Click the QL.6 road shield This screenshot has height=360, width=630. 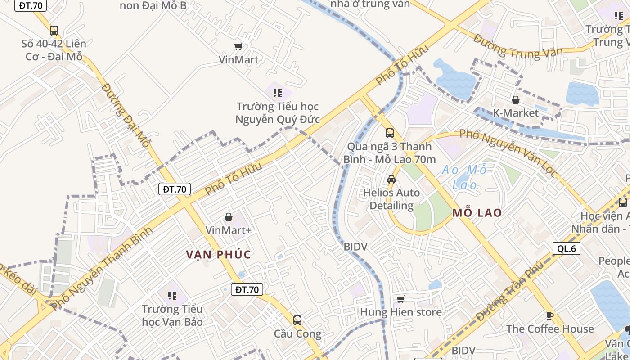click(567, 248)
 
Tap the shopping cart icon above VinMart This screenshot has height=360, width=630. click(238, 46)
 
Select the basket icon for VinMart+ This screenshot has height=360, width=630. click(229, 217)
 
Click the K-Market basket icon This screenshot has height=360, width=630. click(516, 100)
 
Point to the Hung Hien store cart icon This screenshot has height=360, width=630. click(401, 299)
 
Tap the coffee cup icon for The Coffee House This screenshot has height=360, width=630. click(549, 315)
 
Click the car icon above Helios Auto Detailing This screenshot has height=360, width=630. click(391, 180)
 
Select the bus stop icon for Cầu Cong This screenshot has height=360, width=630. click(297, 320)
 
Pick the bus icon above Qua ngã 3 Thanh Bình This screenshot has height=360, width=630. click(390, 133)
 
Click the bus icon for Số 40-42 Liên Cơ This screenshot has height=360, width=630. click(54, 31)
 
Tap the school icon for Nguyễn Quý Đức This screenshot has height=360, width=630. click(278, 93)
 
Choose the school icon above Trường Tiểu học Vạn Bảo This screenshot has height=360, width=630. click(172, 296)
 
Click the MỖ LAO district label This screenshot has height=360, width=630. click(477, 213)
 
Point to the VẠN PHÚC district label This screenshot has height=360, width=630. click(219, 254)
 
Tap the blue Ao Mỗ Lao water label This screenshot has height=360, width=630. click(464, 177)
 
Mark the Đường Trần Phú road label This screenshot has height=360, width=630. click(510, 291)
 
